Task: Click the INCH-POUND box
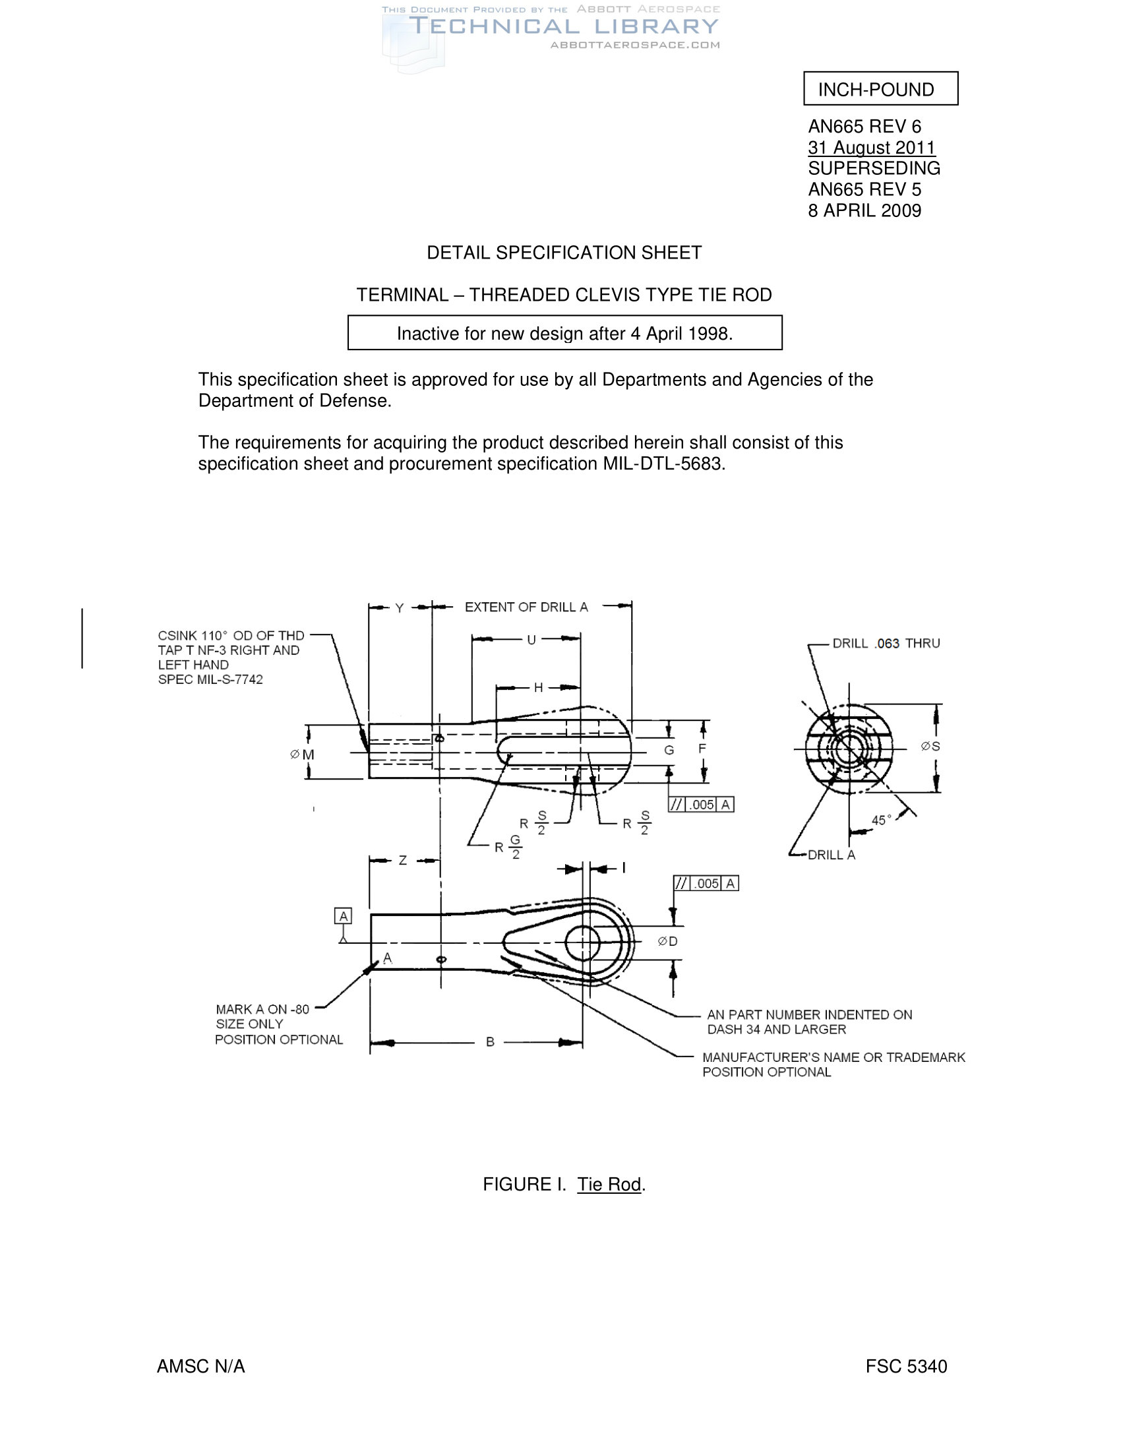coord(880,88)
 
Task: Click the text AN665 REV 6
coord(864,126)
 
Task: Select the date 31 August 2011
coord(871,148)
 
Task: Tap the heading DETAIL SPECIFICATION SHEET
coord(564,253)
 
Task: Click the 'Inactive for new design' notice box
coord(564,333)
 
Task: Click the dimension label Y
coord(399,608)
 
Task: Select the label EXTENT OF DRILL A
coord(526,607)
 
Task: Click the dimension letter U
coord(531,640)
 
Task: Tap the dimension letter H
coord(539,688)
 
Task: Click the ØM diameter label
coord(303,755)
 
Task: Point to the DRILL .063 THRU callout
coord(886,643)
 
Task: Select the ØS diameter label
coord(930,747)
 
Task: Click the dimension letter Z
coord(402,860)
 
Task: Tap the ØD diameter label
coord(667,941)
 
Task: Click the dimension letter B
coord(490,1041)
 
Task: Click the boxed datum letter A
coord(344,916)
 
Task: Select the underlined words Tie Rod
coord(609,1185)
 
